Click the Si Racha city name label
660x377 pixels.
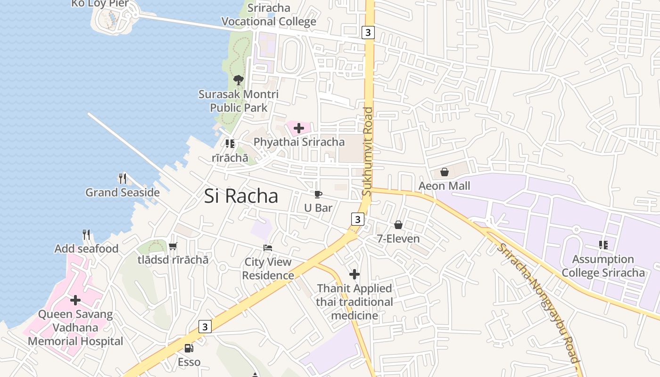(241, 196)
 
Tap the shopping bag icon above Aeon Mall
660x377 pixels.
(444, 172)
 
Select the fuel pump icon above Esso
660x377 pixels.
(189, 348)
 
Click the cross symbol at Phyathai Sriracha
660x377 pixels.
(298, 128)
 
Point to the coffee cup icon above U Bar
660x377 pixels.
(318, 194)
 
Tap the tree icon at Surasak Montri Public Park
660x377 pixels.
(239, 80)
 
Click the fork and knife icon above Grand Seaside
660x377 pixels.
(123, 178)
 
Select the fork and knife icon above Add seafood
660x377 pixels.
(86, 234)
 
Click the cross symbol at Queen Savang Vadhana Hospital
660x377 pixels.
(75, 300)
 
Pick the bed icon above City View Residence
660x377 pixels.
(268, 248)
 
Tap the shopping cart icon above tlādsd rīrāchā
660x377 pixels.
(173, 246)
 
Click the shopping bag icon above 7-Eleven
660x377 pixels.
(398, 225)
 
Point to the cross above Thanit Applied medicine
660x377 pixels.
(355, 274)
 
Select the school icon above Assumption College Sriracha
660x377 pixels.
(603, 245)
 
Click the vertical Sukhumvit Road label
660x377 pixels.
(368, 152)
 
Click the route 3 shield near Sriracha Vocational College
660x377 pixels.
(368, 33)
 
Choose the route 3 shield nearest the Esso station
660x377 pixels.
(205, 327)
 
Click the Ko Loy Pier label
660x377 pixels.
(100, 4)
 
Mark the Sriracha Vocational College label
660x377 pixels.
(269, 15)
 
